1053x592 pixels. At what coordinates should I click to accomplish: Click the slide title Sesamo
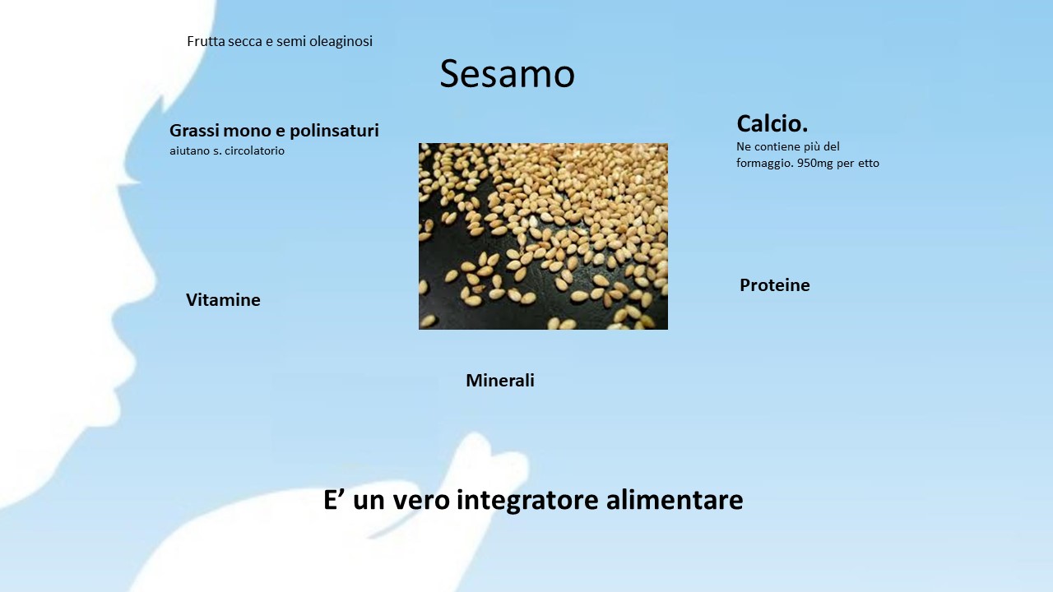click(x=508, y=74)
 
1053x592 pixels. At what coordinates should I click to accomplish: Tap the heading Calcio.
click(x=772, y=123)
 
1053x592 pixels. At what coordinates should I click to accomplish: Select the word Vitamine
click(x=223, y=300)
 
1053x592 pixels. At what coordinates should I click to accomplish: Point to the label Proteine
click(x=775, y=284)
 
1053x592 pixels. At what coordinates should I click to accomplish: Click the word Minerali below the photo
click(x=500, y=380)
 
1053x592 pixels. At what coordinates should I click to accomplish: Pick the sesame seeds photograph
click(x=543, y=236)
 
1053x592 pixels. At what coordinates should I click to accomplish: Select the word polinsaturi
click(x=334, y=131)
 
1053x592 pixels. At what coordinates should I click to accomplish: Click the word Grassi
click(x=194, y=130)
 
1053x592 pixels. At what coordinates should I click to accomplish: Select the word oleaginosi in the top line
click(x=341, y=41)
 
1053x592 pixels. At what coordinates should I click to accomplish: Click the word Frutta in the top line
click(x=206, y=41)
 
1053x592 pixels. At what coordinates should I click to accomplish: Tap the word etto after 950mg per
click(x=869, y=164)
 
